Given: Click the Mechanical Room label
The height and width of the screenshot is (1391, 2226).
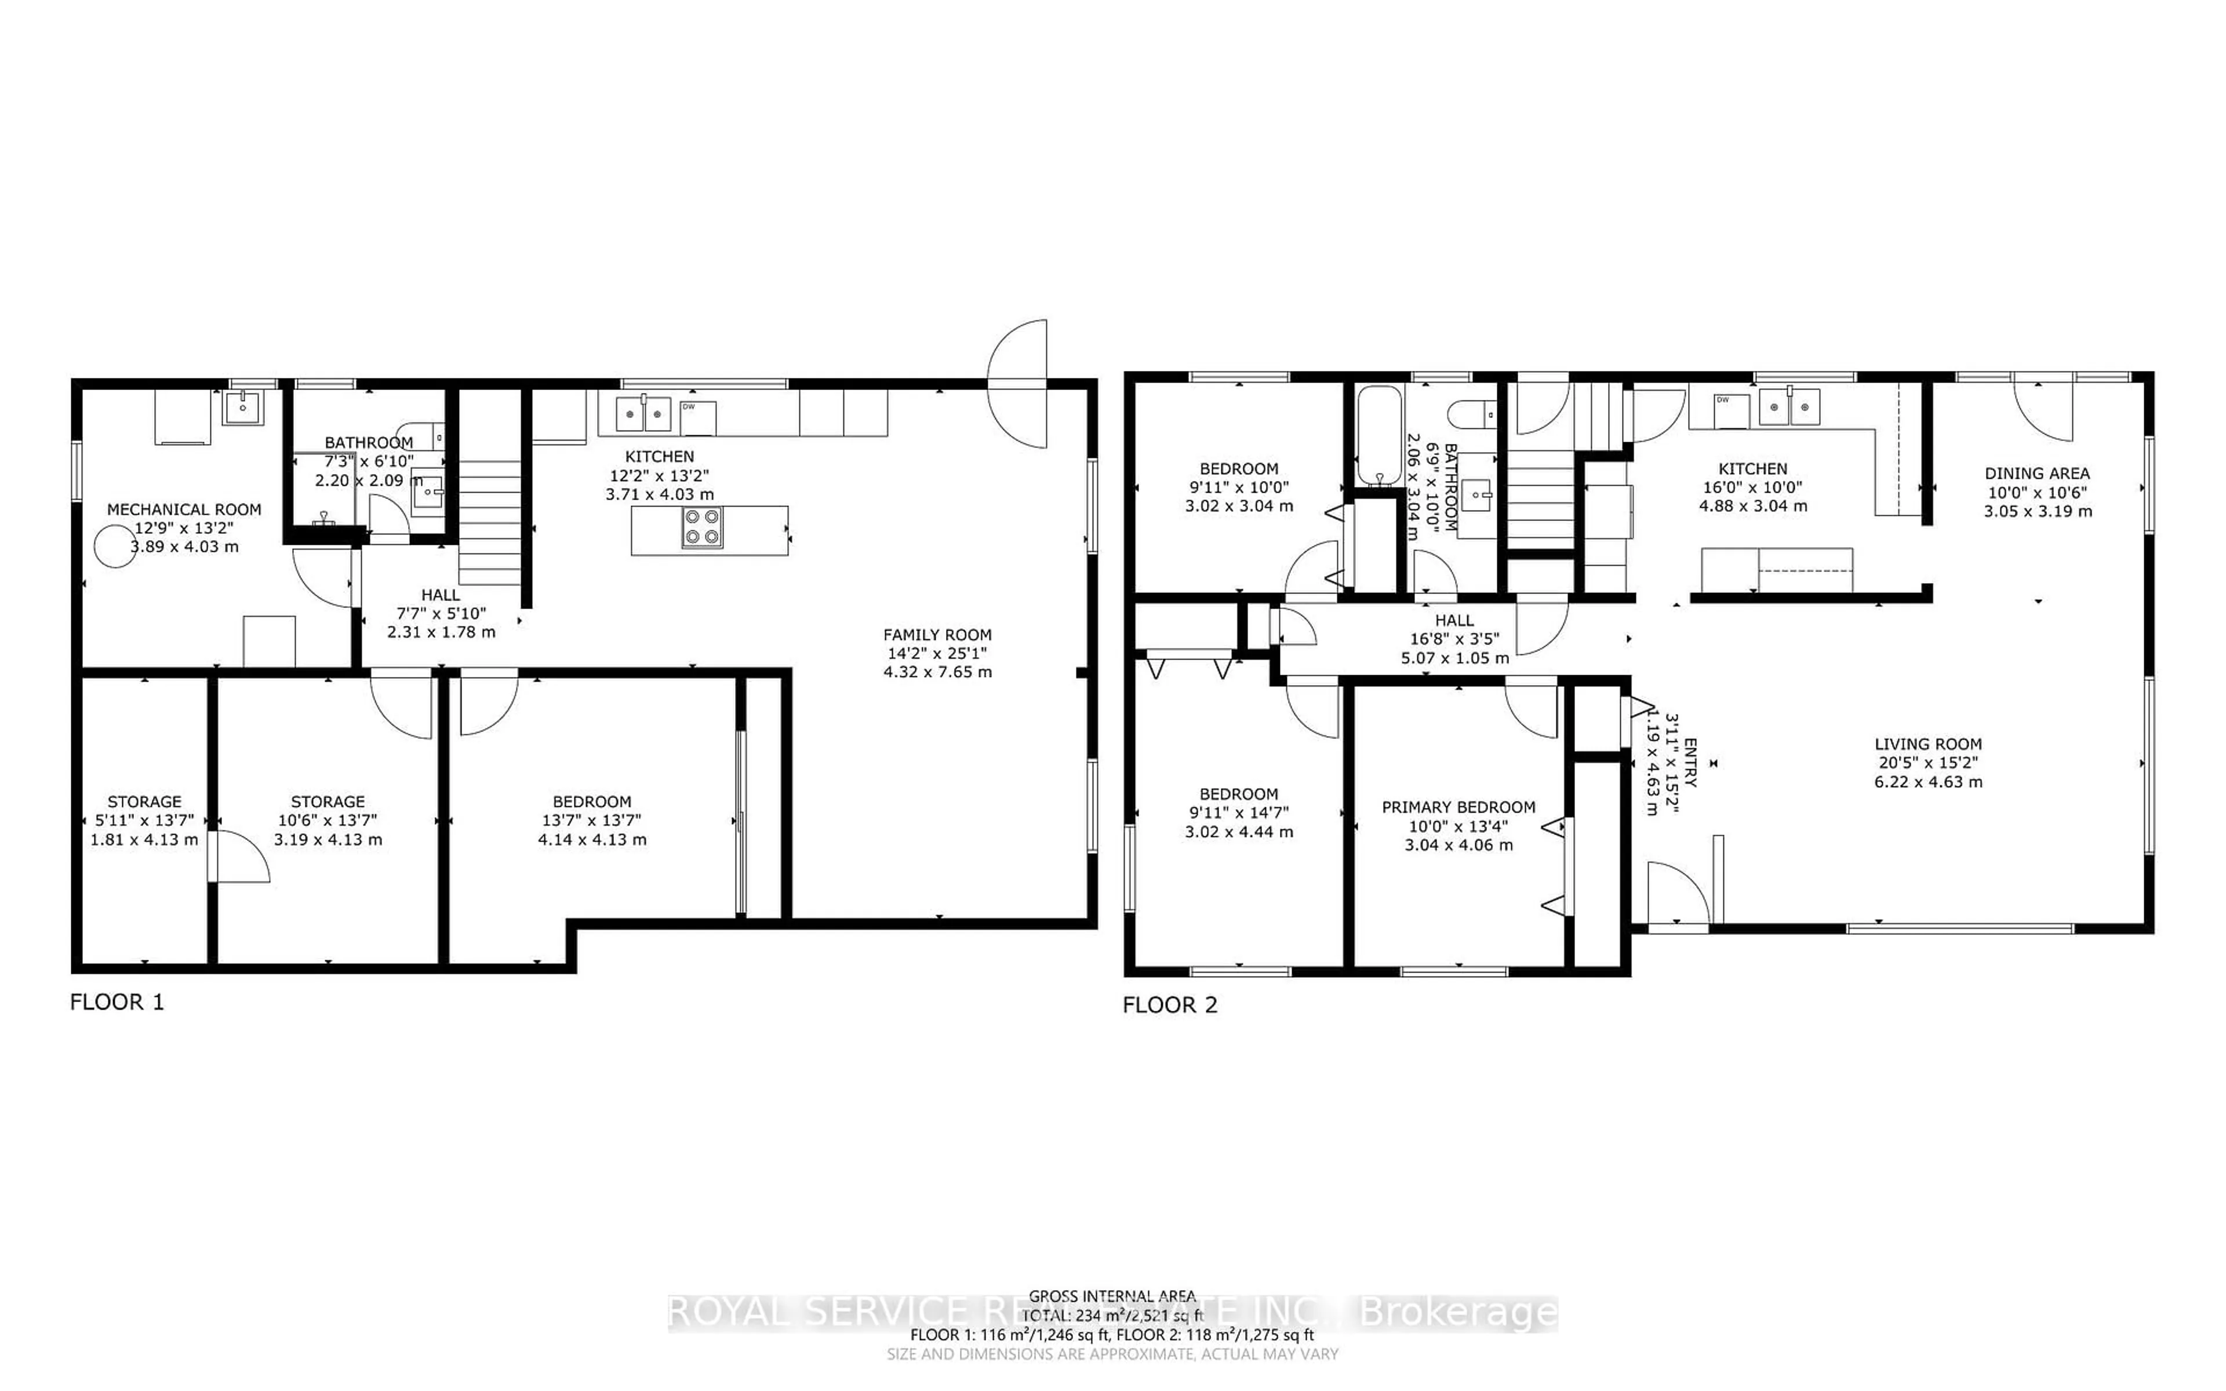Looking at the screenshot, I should coord(184,509).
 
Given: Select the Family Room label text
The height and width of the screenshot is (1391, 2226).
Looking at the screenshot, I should coord(937,635).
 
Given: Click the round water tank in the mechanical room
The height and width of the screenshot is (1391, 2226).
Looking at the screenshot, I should coord(115,545).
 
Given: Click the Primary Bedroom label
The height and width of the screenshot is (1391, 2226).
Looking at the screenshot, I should coord(1458,807).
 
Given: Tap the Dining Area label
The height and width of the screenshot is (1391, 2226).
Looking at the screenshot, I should coord(2036,473).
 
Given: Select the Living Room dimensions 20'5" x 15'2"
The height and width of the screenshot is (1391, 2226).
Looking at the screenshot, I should coord(1928,763).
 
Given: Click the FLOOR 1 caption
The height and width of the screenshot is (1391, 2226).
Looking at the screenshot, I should coord(117,1002).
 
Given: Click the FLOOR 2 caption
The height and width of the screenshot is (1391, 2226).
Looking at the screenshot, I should coord(1169,1004).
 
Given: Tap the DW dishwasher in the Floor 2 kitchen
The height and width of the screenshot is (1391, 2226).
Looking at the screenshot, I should coord(1730,410).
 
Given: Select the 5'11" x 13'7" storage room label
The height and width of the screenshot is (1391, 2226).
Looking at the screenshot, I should coord(144,820).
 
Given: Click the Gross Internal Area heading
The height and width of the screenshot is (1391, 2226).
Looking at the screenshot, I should coord(1111,1297).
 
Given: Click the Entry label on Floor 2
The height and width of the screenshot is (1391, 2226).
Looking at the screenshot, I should coord(1690,763).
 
